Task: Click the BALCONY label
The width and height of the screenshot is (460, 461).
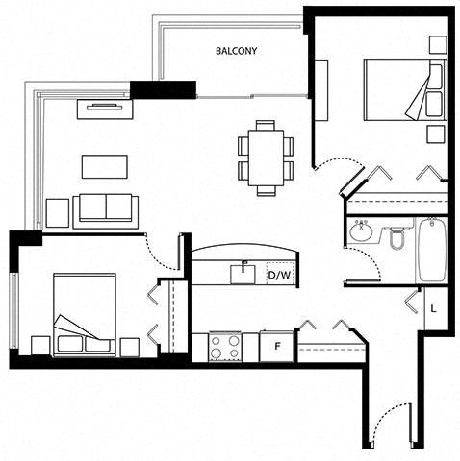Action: click(237, 51)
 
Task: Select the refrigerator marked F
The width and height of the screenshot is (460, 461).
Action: click(276, 347)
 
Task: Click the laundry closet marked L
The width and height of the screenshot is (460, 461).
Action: click(436, 308)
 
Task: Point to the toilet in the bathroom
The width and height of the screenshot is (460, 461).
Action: click(397, 236)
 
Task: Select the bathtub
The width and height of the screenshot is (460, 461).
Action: click(432, 250)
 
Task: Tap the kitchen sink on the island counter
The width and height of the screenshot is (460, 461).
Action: click(243, 274)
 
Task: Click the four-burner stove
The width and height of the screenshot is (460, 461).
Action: click(225, 347)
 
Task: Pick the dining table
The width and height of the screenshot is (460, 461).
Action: click(266, 158)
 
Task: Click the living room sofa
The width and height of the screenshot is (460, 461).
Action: click(106, 211)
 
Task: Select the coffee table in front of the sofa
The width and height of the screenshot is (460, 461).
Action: click(105, 166)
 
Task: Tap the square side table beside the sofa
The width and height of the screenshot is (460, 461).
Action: click(58, 213)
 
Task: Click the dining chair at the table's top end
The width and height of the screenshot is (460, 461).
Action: click(266, 125)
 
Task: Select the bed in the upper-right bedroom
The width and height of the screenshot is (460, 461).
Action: click(405, 90)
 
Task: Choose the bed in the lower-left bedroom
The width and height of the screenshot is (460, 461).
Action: click(85, 315)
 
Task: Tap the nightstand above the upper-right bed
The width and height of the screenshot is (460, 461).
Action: click(438, 45)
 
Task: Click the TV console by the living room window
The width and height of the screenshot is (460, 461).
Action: click(105, 109)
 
